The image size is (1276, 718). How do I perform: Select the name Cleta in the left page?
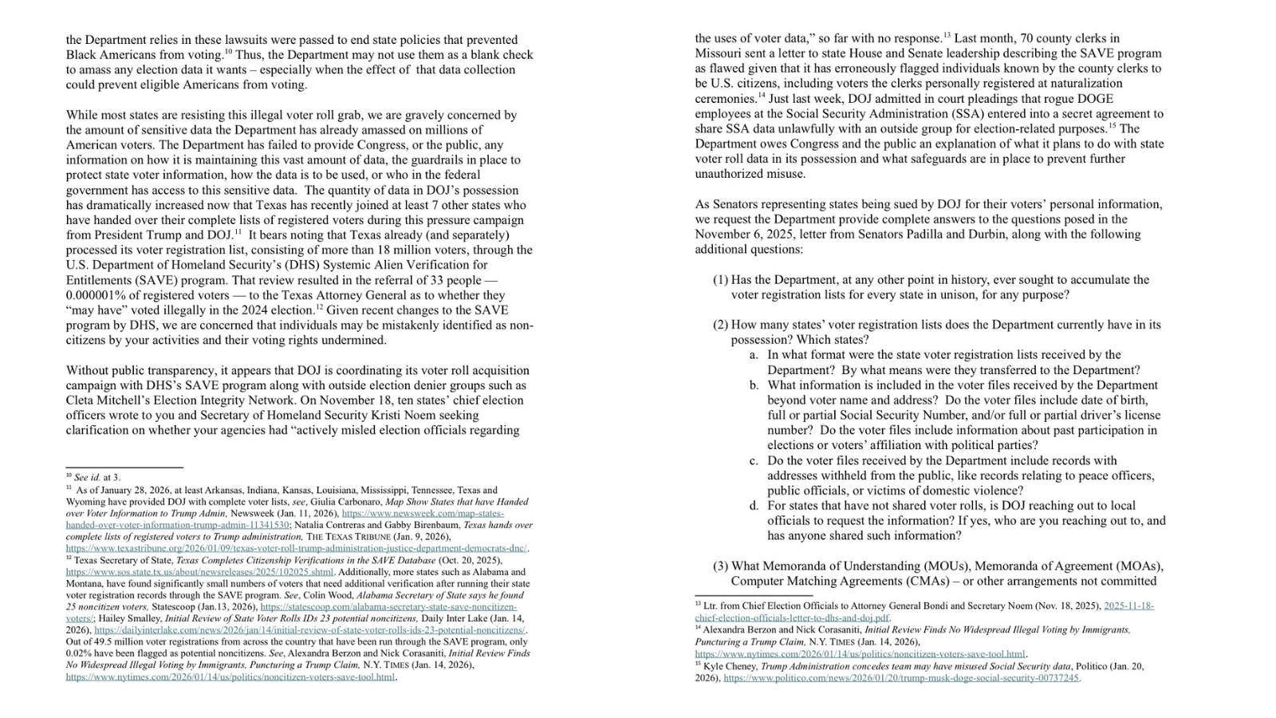point(81,400)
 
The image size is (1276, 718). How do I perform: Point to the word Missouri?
point(718,53)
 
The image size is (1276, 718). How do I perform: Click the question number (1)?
point(720,280)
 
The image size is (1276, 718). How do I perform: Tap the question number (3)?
point(720,566)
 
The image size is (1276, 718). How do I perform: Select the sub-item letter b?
point(754,385)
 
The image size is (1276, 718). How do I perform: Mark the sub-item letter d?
point(754,506)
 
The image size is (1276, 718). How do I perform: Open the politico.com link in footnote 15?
point(901,678)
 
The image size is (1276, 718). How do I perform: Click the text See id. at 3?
point(96,478)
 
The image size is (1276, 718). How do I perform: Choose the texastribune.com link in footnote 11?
point(296,549)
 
